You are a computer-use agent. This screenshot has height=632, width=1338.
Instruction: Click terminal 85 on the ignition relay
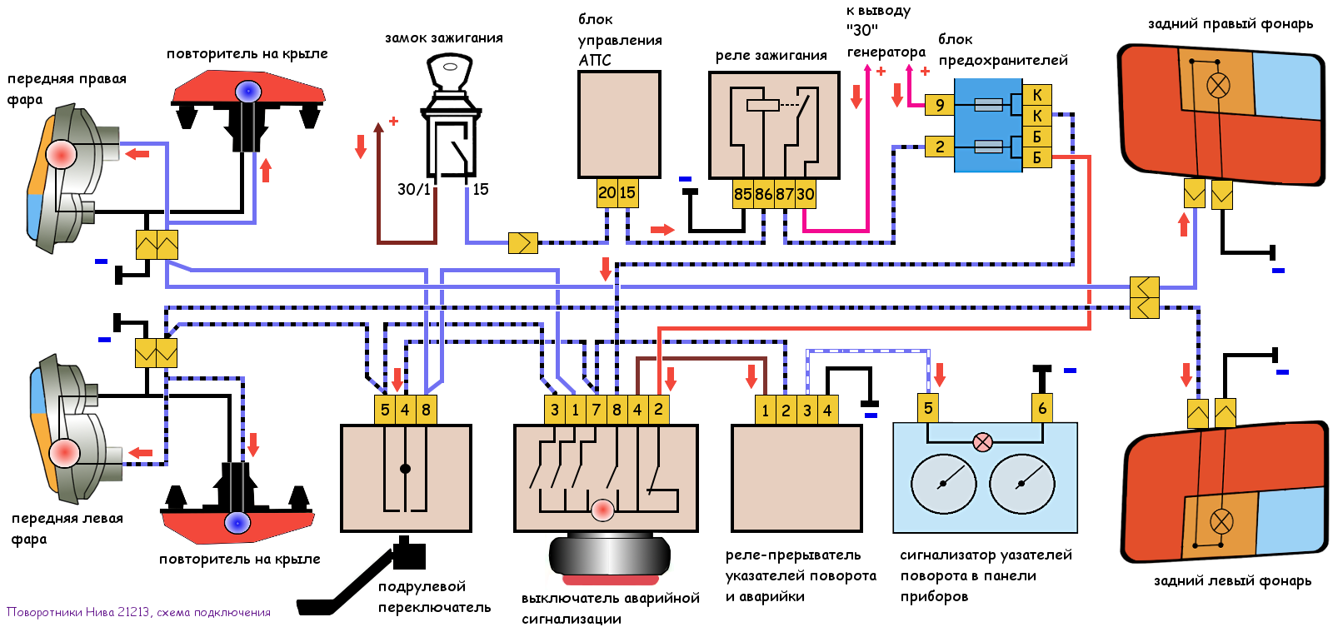742,194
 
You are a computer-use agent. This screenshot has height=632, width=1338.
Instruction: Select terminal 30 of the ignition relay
806,194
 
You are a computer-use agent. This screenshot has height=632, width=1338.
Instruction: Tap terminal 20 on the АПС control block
607,192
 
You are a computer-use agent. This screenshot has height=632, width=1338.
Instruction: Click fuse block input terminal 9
939,105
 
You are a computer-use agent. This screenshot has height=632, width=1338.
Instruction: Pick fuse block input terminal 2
939,147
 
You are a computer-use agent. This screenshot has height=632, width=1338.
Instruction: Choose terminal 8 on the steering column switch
426,410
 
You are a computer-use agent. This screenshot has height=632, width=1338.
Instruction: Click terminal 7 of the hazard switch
597,410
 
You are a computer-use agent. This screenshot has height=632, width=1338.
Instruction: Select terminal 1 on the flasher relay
766,410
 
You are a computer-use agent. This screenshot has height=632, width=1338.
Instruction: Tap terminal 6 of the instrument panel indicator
1041,408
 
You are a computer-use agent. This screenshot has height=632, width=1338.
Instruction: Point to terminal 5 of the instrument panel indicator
928,408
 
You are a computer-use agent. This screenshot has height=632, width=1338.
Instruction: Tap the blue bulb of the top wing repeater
247,91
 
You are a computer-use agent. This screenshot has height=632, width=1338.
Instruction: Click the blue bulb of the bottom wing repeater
237,523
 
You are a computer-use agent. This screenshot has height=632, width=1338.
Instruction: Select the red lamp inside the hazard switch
602,509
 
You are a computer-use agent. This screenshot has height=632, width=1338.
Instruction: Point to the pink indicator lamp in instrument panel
983,442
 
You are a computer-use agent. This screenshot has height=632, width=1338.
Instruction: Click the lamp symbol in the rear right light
1218,85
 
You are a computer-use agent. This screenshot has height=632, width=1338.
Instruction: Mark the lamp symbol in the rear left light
1221,522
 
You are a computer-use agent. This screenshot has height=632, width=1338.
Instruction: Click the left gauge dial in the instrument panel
943,484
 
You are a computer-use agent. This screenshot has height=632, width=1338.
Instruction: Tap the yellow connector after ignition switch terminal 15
523,242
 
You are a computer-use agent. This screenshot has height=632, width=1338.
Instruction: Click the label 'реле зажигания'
771,56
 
